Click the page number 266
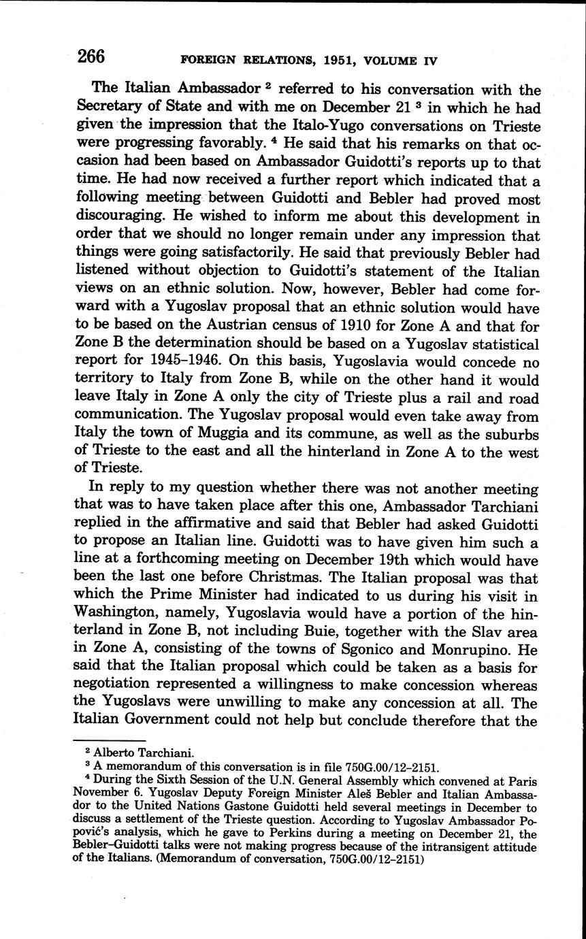(x=91, y=57)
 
